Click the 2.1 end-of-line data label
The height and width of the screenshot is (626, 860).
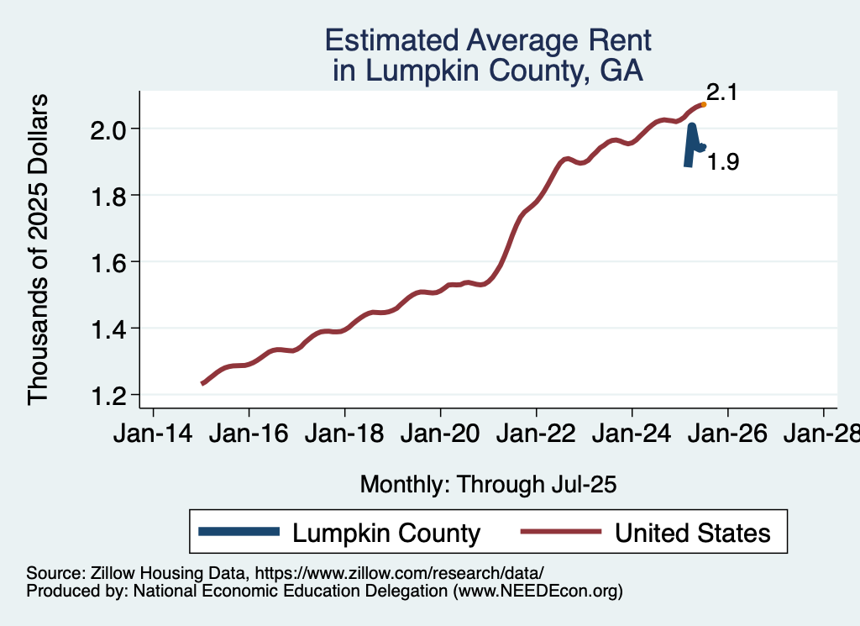[721, 92]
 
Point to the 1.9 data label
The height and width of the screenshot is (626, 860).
[722, 162]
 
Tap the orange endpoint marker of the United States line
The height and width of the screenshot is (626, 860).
[703, 104]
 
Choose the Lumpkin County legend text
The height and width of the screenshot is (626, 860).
[386, 533]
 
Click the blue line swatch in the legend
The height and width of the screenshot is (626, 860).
[239, 532]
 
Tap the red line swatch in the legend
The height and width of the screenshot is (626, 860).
[561, 532]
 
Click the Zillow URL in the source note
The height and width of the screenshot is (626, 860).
[400, 572]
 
